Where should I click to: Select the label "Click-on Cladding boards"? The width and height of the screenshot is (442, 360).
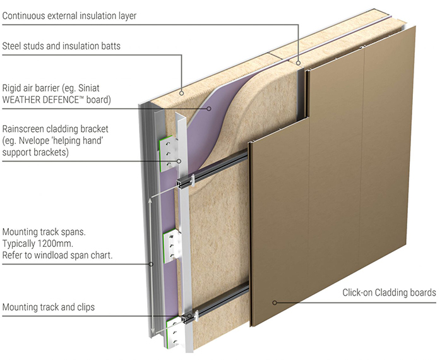pyautogui.click(x=389, y=292)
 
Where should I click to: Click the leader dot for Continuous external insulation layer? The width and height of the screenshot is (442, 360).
pyautogui.click(x=298, y=63)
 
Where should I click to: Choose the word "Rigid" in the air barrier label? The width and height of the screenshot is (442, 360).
pyautogui.click(x=13, y=88)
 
